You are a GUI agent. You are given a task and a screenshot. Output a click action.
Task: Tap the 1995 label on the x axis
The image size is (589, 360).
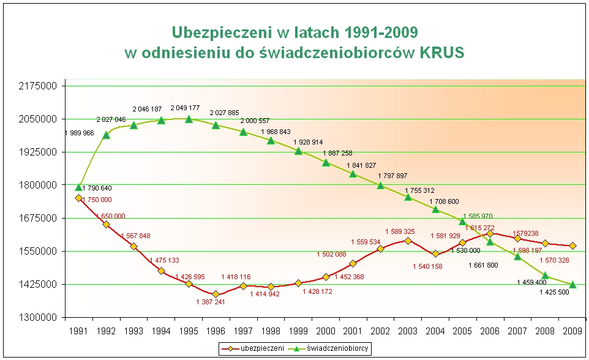(x=189, y=332)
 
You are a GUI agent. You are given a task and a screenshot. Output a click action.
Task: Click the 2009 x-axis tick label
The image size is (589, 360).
(x=572, y=332)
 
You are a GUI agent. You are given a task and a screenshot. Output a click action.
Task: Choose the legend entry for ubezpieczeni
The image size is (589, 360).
(x=254, y=348)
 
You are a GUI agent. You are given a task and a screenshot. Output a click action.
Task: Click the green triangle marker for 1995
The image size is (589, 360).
(x=189, y=119)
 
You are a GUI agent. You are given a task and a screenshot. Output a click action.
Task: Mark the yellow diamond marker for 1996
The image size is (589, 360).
(x=216, y=294)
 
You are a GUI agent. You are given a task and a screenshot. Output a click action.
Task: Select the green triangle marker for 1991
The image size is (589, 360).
(x=79, y=187)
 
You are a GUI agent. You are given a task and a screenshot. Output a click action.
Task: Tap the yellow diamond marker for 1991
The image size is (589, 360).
(x=79, y=198)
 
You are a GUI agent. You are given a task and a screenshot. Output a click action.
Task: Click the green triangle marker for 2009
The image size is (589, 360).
(x=572, y=284)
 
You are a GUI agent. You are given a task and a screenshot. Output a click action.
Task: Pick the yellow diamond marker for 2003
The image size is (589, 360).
(x=408, y=241)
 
